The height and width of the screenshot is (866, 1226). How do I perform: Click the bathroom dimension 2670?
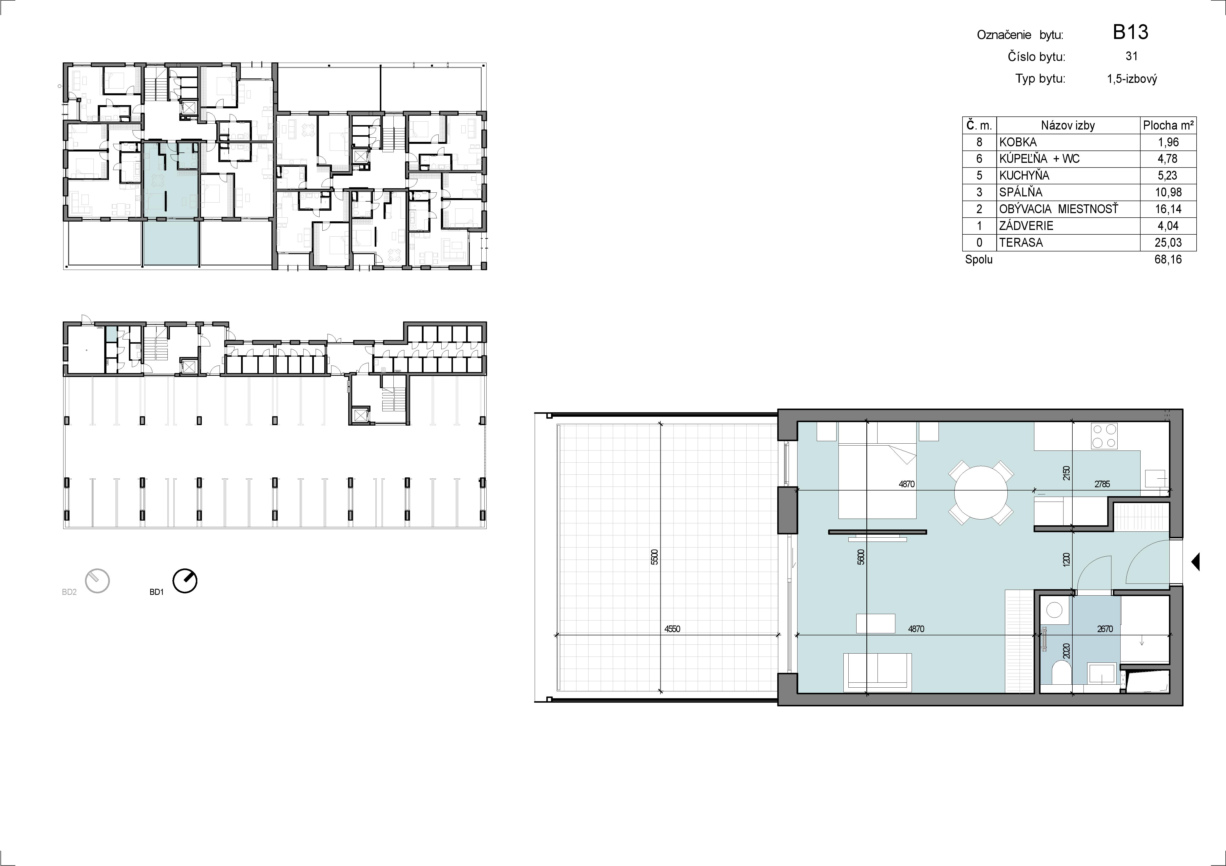(1105, 629)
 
